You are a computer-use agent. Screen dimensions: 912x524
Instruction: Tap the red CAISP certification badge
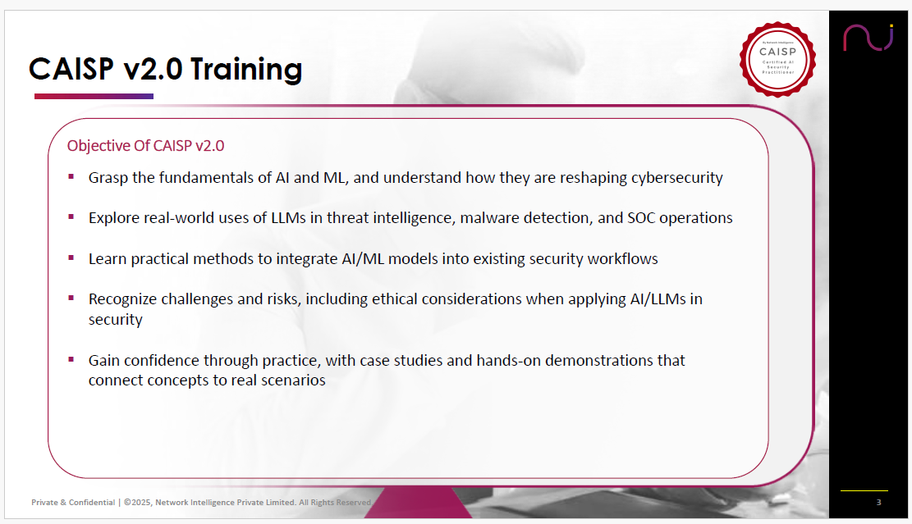777,59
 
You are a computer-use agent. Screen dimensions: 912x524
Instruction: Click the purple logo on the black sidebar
868,38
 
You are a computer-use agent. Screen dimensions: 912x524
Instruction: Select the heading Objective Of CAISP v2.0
145,146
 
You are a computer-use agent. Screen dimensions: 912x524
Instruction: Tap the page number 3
879,503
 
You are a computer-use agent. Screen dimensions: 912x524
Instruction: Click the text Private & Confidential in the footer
73,503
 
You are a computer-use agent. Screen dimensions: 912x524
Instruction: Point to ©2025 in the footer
138,503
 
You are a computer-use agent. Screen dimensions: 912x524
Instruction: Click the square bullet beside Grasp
71,176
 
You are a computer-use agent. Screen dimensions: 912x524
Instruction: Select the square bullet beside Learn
71,257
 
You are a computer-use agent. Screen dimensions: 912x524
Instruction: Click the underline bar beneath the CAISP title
94,97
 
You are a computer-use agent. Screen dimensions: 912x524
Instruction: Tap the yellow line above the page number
864,491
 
